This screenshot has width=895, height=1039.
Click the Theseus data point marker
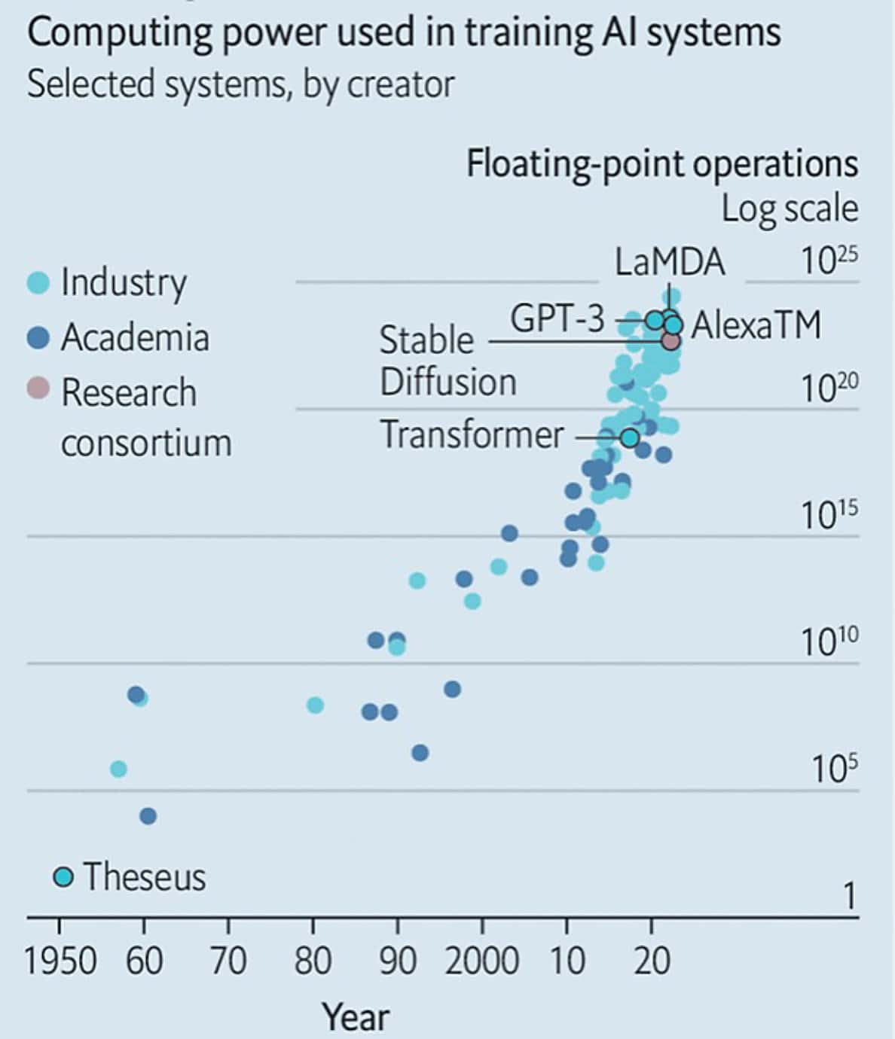(63, 877)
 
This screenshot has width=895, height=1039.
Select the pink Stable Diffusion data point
(671, 341)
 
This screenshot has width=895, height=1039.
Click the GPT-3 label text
(557, 318)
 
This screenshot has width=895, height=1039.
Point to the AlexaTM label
(756, 324)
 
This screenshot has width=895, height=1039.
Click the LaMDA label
(670, 262)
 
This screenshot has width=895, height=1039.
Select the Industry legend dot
(38, 282)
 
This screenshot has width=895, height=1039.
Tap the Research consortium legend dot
(38, 388)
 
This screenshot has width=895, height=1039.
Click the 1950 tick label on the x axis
(60, 961)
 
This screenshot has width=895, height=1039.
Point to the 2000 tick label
(481, 961)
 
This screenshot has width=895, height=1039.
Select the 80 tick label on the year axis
(313, 961)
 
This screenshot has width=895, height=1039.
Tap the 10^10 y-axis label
(829, 641)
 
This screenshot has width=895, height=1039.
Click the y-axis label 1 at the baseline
(850, 896)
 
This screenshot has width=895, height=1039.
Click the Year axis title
(356, 1016)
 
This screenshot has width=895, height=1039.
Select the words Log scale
(790, 209)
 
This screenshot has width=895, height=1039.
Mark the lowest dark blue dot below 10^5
(148, 816)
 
